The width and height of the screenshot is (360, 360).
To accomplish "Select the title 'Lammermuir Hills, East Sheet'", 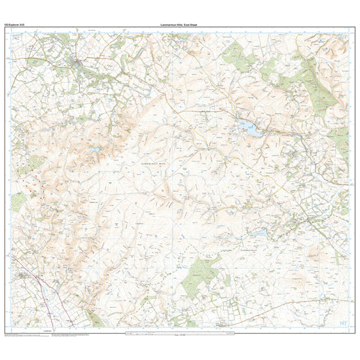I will click(180, 24).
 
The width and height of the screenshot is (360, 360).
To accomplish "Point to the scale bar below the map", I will click(177, 335).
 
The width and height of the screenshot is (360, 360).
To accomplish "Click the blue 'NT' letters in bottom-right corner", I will click(344, 323).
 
